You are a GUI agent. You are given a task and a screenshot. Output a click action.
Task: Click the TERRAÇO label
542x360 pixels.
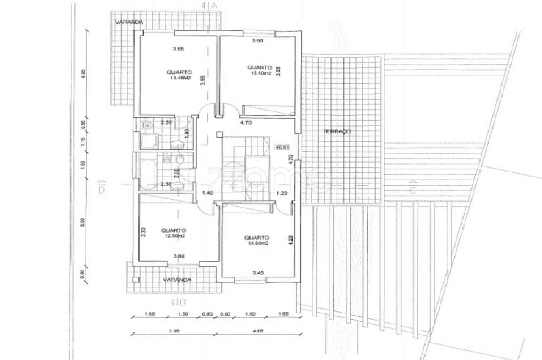pos(337,131)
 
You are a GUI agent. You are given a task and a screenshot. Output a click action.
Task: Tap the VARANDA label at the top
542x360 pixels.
pos(128,21)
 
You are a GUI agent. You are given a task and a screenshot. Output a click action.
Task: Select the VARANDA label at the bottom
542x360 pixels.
pos(178,280)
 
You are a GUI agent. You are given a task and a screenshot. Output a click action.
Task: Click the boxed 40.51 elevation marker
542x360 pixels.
pos(282,147)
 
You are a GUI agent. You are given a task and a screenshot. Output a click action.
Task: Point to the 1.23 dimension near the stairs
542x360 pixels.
pos(282,193)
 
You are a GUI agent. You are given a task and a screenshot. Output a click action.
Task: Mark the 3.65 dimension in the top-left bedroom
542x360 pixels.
pos(178,49)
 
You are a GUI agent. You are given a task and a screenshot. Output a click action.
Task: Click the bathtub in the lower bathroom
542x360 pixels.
pos(147,174)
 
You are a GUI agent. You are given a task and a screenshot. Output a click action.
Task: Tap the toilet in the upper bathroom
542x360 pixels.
pos(148,125)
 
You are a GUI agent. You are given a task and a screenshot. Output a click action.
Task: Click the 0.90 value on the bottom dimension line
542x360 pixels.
pos(226,314)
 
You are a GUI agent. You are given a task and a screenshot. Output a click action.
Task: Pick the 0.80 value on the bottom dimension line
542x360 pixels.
pos(207,314)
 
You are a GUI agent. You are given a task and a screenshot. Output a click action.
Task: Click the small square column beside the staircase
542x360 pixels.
pos(218,135)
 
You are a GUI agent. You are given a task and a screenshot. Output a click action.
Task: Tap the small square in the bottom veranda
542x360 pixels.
pos(135,280)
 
